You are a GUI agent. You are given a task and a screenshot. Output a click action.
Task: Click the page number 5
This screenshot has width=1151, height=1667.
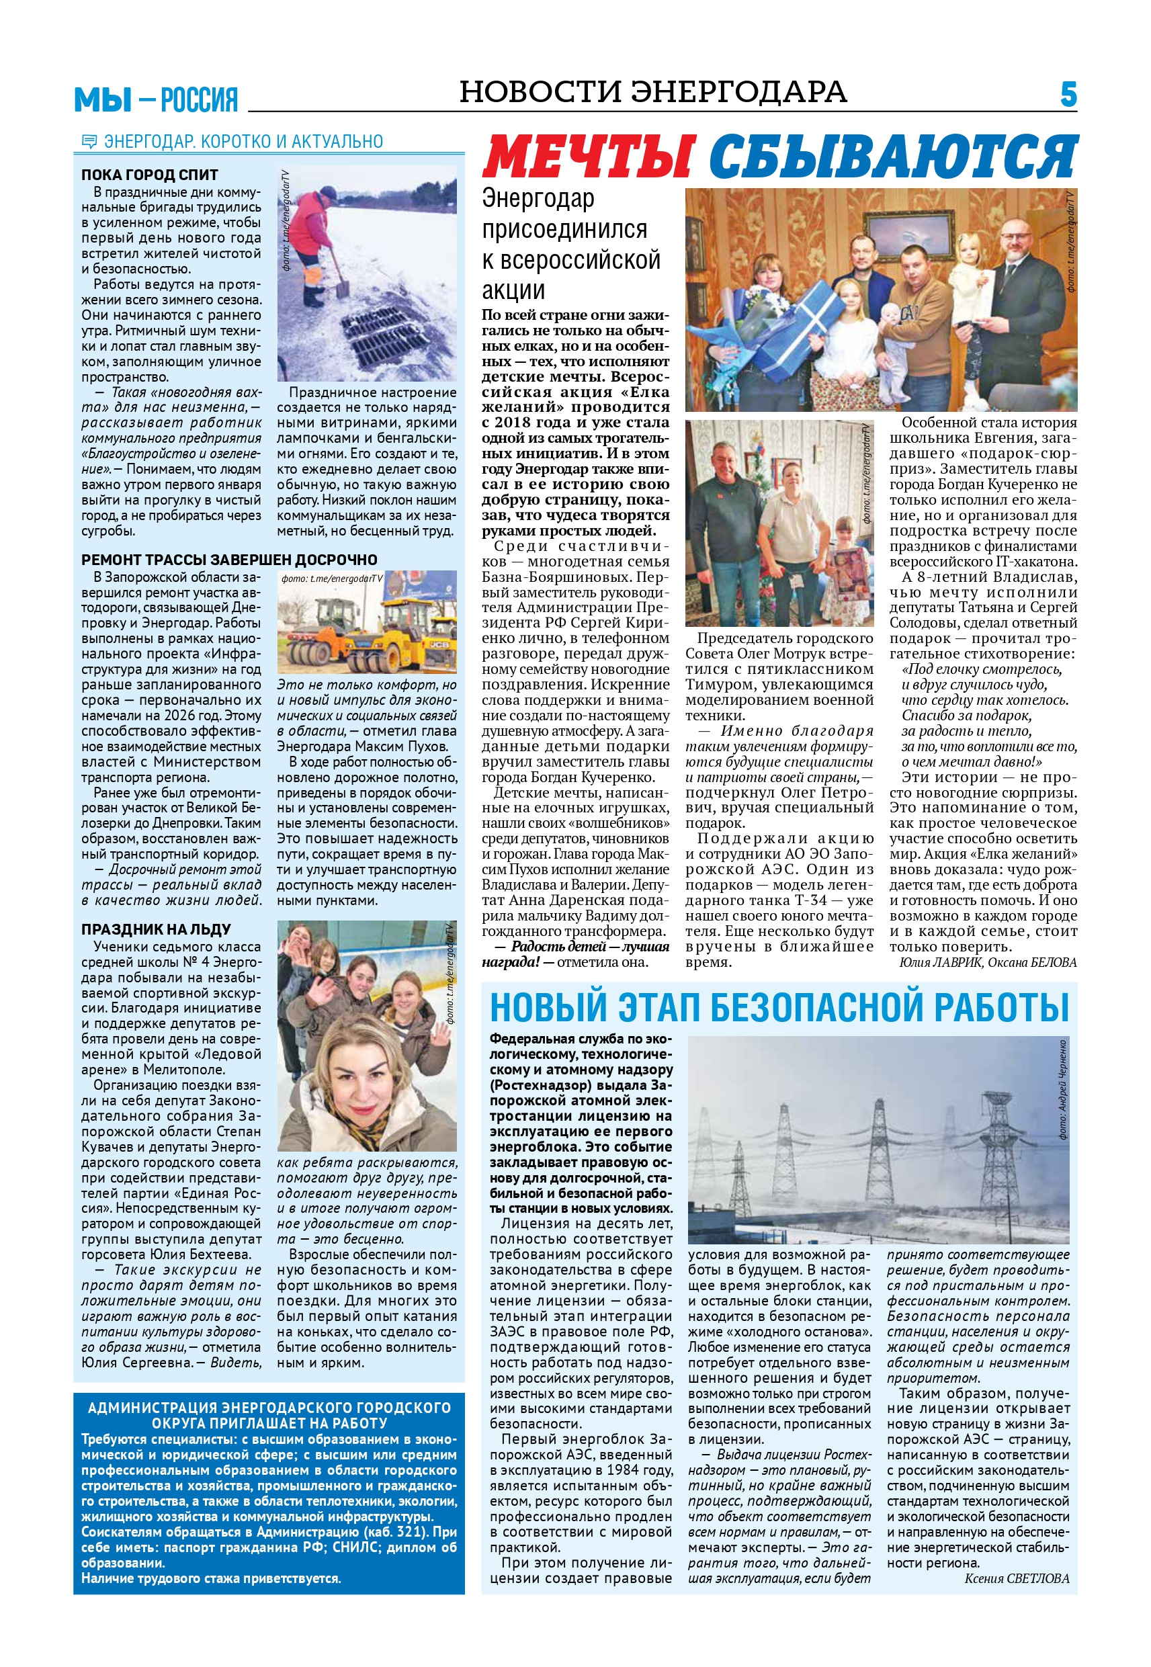pyautogui.click(x=1069, y=95)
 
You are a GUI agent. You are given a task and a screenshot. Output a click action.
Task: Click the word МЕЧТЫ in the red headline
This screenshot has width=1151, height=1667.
pyautogui.click(x=589, y=157)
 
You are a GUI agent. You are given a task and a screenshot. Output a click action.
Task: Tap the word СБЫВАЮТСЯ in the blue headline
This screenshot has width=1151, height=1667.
pyautogui.click(x=893, y=157)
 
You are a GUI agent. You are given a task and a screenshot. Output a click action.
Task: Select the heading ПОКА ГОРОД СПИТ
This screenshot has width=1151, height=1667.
pyautogui.click(x=149, y=175)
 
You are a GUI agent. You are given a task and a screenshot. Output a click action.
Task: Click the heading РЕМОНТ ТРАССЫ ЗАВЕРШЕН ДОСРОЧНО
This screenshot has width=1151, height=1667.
pyautogui.click(x=229, y=560)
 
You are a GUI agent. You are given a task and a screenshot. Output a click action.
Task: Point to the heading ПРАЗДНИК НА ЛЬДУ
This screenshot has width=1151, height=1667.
pyautogui.click(x=156, y=929)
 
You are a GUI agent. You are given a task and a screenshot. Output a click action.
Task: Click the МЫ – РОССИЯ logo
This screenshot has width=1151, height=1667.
pyautogui.click(x=156, y=99)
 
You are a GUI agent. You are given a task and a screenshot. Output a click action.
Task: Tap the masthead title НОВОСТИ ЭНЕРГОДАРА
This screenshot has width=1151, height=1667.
pyautogui.click(x=652, y=91)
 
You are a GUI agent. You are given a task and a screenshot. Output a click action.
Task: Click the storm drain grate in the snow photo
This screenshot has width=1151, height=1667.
pyautogui.click(x=390, y=338)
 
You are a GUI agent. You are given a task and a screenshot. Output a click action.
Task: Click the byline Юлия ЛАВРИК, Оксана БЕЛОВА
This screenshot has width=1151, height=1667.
pyautogui.click(x=988, y=963)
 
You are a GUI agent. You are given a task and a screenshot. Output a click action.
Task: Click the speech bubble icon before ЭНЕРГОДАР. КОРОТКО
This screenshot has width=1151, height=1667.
pyautogui.click(x=89, y=141)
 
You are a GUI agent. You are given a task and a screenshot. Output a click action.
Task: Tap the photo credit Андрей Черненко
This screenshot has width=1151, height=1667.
pyautogui.click(x=1063, y=1088)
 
